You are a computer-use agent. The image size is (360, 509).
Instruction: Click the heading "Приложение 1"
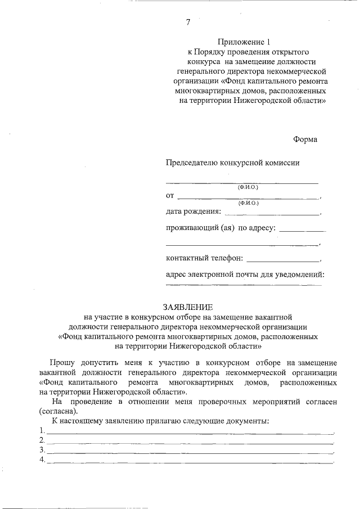point(245,42)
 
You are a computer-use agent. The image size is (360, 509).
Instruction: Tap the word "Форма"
point(305,139)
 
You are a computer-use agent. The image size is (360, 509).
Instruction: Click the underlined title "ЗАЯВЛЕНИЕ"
point(188,308)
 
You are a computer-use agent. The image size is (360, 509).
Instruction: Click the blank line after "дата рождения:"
point(272,213)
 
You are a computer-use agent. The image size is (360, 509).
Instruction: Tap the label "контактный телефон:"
point(205,258)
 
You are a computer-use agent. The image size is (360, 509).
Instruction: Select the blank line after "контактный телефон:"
point(283,260)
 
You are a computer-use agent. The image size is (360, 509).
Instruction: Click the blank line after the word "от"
point(248,197)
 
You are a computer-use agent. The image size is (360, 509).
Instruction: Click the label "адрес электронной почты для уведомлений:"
point(246,274)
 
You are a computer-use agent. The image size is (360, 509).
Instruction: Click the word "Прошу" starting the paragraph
point(61,363)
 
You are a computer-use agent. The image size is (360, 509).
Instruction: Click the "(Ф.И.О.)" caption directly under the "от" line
point(248,202)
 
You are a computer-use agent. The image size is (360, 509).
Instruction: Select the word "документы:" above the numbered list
point(248,421)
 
